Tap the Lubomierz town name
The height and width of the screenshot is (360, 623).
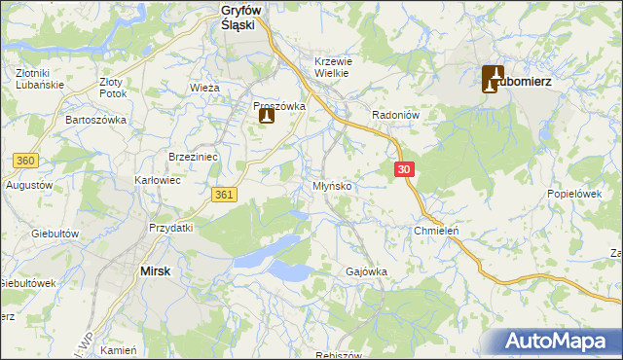pos(526,82)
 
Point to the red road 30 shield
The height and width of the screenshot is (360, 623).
pos(406,169)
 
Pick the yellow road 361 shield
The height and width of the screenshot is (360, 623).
pos(225,196)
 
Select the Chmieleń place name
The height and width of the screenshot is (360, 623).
pos(436,231)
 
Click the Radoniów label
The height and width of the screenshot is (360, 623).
pos(395,115)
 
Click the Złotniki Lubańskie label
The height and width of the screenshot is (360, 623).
pos(40,78)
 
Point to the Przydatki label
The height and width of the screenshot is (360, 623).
pos(171,227)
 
